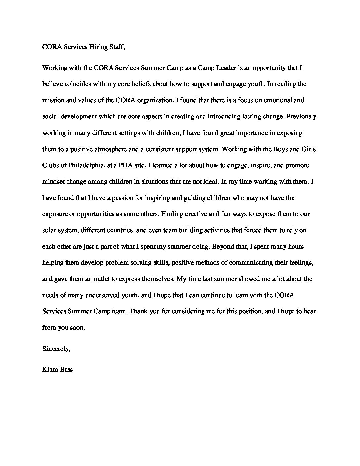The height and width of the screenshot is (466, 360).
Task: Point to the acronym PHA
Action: (122, 165)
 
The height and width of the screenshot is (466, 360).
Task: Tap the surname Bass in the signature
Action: (66, 369)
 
